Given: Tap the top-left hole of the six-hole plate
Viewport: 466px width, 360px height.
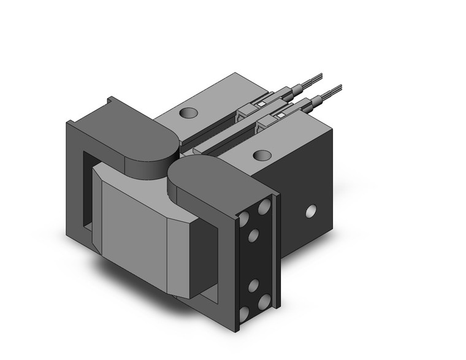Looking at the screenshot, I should pos(244,218).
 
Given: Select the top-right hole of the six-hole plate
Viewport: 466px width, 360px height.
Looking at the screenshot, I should pos(265,207).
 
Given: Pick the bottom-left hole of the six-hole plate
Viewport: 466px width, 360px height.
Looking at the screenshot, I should pos(244,313).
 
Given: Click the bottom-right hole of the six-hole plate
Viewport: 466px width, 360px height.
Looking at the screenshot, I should pos(265,302).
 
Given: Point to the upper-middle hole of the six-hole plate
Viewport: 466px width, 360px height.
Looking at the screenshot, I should pos(253,236).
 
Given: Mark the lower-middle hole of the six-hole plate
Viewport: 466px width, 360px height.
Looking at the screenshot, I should pos(253,285).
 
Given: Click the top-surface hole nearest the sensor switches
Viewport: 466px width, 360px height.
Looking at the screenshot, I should pos(262,155).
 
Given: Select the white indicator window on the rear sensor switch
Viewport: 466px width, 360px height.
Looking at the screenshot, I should pos(261,104).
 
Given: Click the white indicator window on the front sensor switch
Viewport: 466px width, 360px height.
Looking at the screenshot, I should pos(281,115).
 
